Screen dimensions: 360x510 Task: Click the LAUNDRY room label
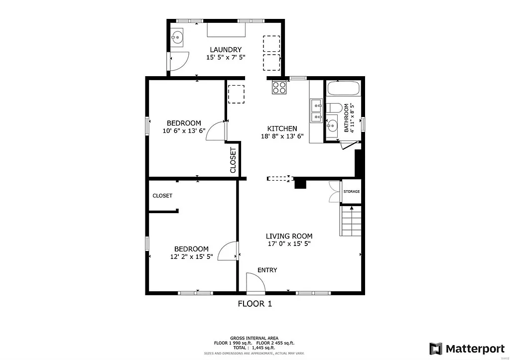(226, 50)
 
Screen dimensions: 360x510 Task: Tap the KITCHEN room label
(282, 128)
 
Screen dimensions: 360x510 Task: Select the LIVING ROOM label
(289, 236)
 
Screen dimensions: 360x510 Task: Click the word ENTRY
(267, 270)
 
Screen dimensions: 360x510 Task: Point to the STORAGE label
(351, 192)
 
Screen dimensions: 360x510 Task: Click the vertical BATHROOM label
(347, 118)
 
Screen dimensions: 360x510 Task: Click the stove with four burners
(279, 88)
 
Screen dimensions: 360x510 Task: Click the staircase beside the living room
(351, 221)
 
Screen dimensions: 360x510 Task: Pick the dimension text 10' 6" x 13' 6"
(184, 131)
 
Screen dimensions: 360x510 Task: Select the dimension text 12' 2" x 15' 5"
(191, 257)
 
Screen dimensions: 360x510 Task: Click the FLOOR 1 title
(255, 303)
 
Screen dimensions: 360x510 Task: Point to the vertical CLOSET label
(233, 160)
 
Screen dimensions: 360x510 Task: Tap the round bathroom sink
(332, 124)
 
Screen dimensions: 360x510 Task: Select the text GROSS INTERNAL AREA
(255, 338)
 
